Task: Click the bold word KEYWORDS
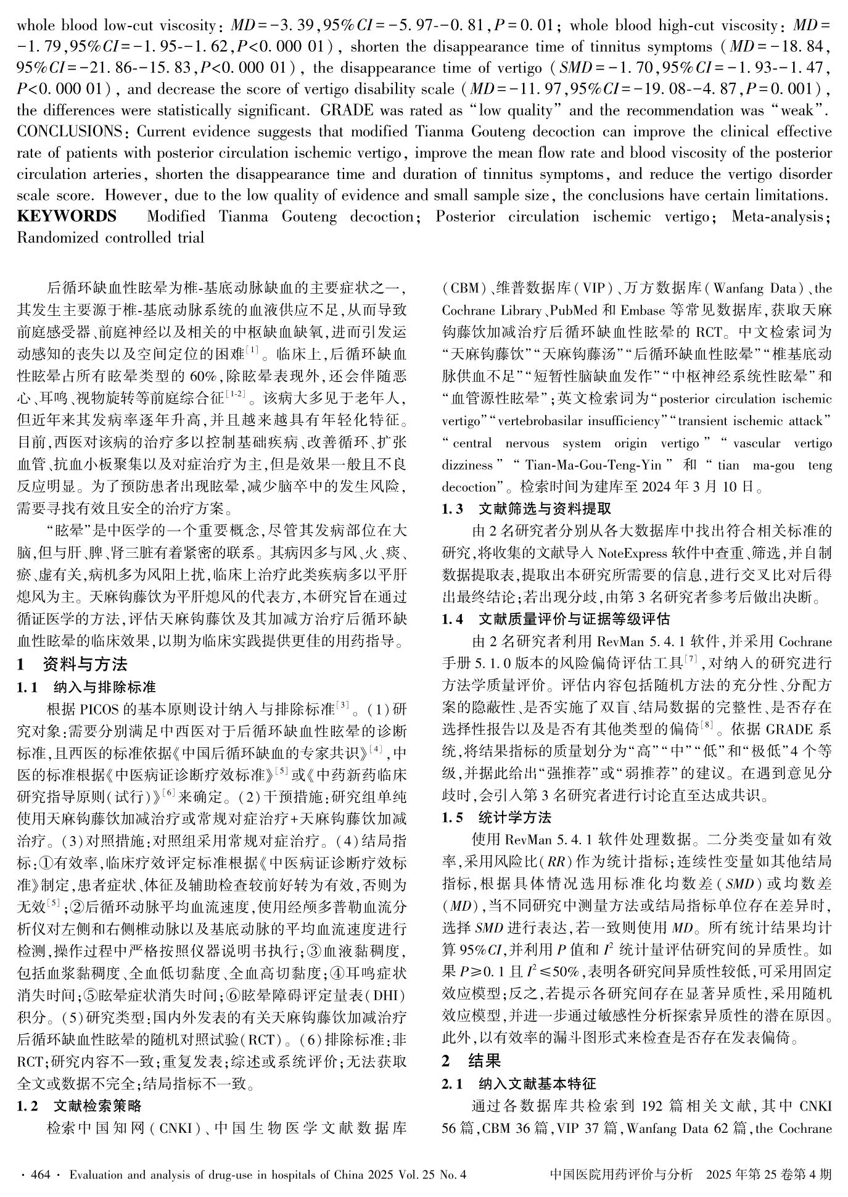tap(67, 217)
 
